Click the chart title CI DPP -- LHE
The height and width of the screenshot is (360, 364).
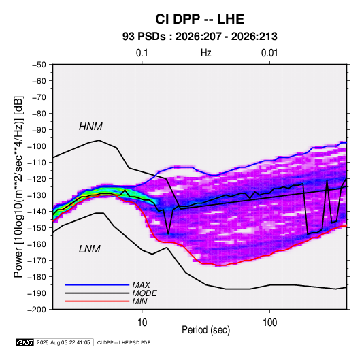click(x=199, y=19)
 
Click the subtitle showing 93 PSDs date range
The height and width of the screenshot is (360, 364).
click(x=200, y=37)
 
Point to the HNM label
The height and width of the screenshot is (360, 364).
click(x=90, y=127)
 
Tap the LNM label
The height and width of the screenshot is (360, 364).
click(x=90, y=249)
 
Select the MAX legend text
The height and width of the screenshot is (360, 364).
click(x=141, y=284)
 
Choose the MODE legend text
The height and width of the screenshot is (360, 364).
click(x=144, y=293)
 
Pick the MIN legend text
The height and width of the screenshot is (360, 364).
click(x=139, y=301)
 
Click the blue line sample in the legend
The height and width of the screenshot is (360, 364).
click(x=97, y=284)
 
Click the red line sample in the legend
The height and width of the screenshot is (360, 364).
click(x=97, y=301)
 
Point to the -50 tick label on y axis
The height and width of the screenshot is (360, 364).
click(x=39, y=65)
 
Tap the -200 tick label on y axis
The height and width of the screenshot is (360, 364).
click(x=37, y=310)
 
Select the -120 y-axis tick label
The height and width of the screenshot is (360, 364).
click(x=37, y=179)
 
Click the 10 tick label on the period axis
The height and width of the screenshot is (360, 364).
click(x=142, y=323)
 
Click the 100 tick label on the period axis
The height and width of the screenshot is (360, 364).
click(x=269, y=323)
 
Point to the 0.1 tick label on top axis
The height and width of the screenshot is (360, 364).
click(x=142, y=53)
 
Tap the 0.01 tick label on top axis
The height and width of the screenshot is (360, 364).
click(x=269, y=53)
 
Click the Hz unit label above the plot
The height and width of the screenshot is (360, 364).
click(x=206, y=53)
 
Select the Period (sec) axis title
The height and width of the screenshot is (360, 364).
click(x=206, y=330)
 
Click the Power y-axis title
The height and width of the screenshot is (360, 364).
click(x=19, y=187)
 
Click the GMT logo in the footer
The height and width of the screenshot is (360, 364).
click(x=25, y=342)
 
